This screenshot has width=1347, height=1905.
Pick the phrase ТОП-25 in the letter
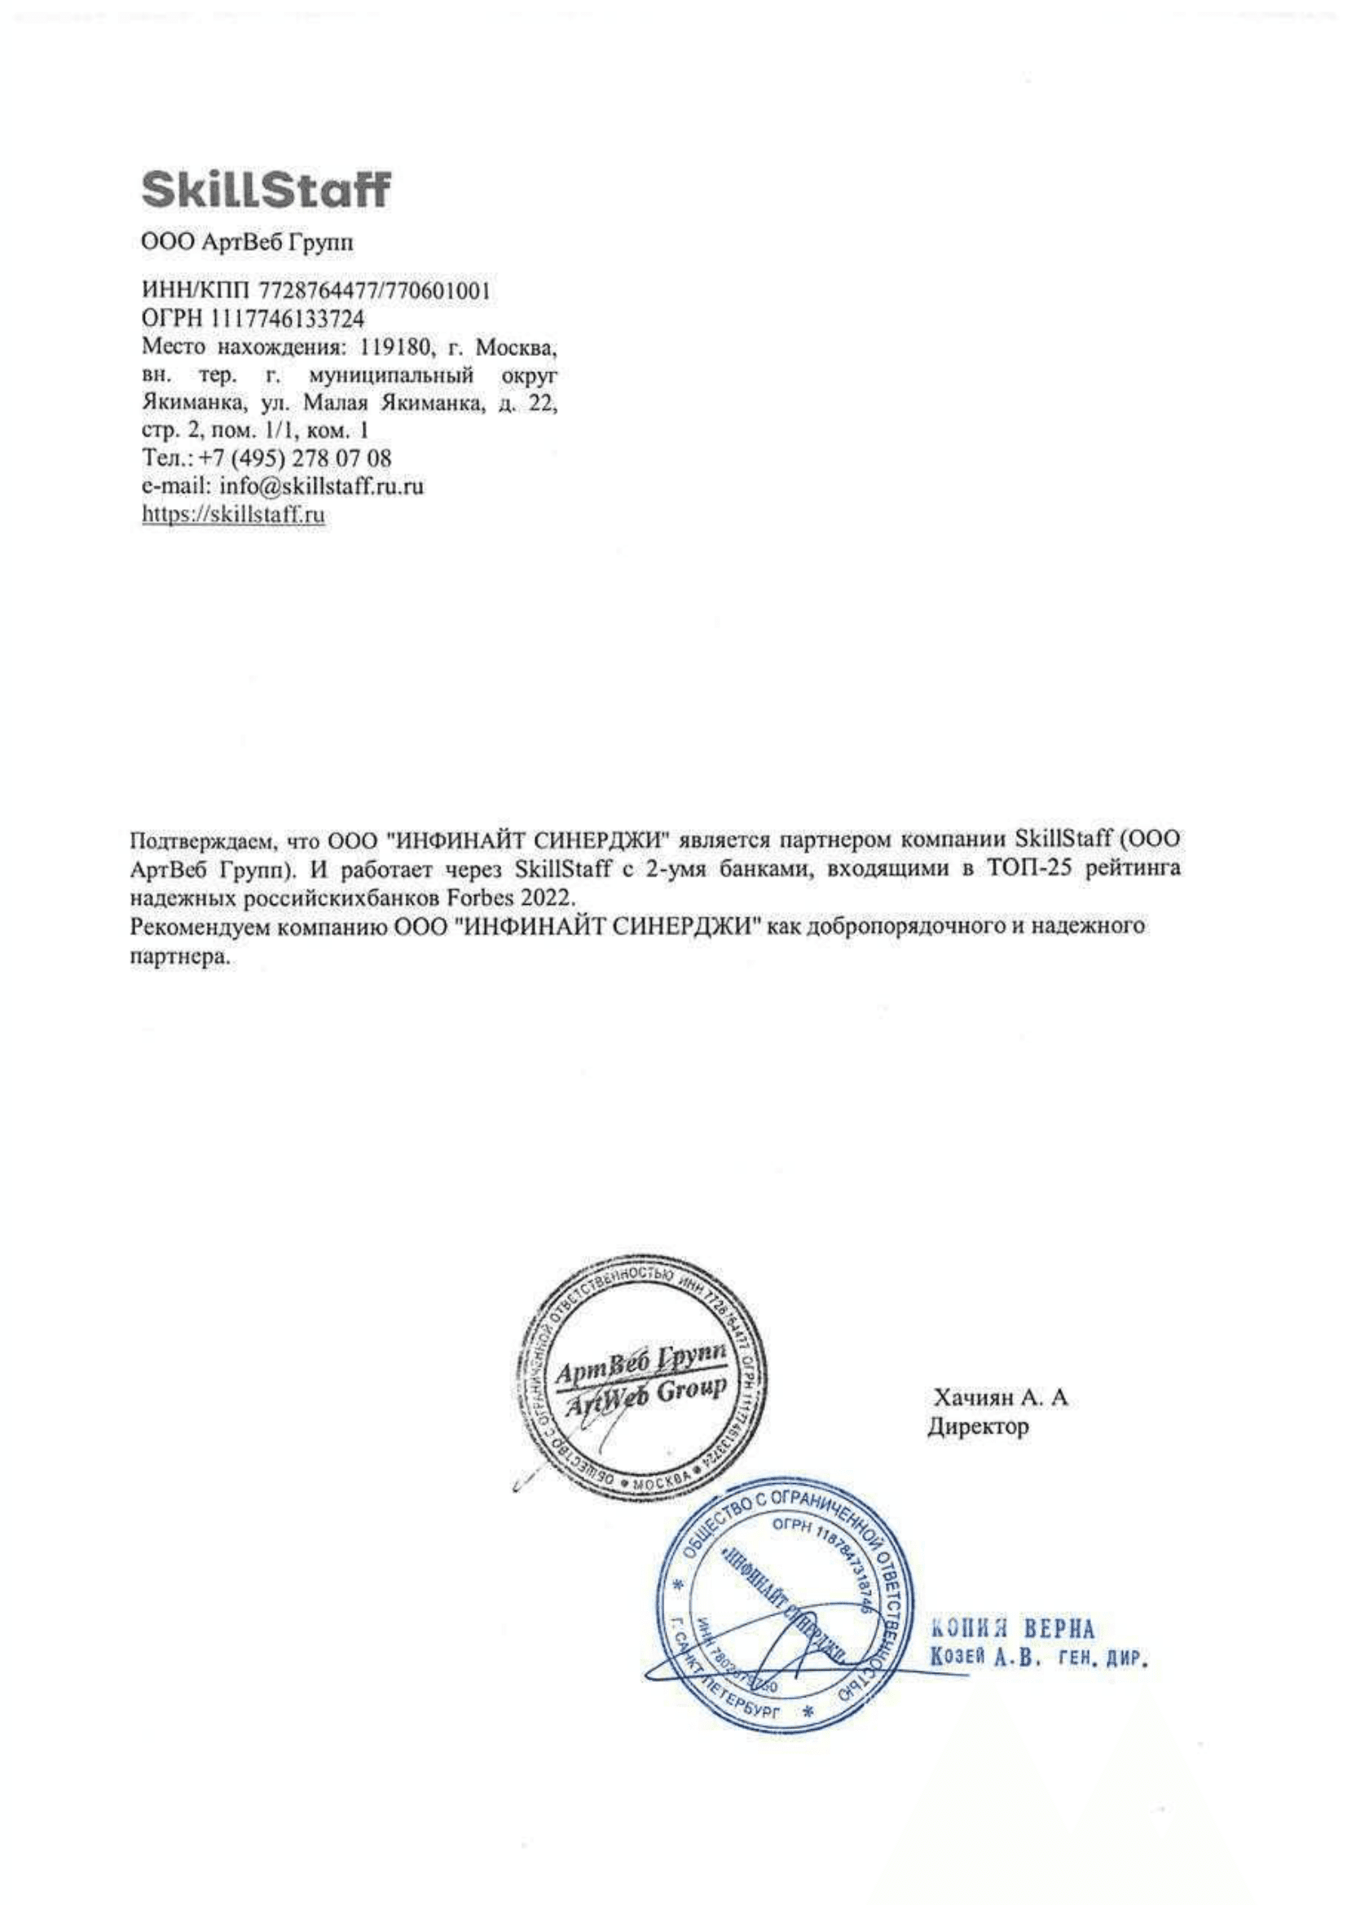pos(1026,871)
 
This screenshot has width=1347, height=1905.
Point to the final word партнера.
pos(178,956)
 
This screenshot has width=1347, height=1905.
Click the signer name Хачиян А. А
pos(1000,1398)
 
